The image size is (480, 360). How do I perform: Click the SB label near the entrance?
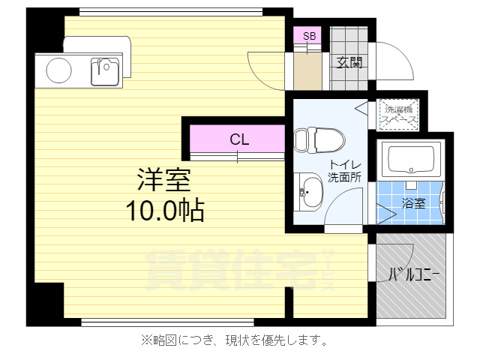pos(309,35)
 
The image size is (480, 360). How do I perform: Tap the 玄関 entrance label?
pos(349,63)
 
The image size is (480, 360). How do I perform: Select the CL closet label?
pos(239,139)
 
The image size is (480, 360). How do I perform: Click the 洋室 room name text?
pos(163,180)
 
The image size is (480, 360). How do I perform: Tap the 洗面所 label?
pos(345,178)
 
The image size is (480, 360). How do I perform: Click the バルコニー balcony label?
pos(413,275)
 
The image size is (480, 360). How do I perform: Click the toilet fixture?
pos(318,139)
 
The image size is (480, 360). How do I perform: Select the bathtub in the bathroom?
pos(411,160)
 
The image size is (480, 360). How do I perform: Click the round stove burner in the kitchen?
pos(58,71)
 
